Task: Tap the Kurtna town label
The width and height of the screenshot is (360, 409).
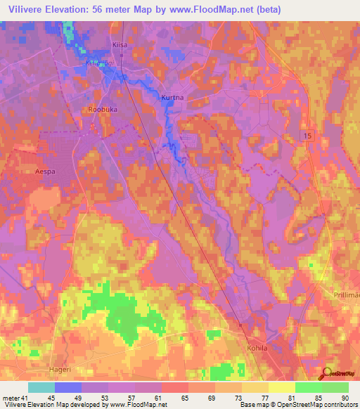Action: (173, 98)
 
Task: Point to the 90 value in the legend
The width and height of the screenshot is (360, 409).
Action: (344, 398)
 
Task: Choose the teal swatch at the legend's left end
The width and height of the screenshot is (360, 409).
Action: (41, 387)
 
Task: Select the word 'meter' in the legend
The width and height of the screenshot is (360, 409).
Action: (11, 398)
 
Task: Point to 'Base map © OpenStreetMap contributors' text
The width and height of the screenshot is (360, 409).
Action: (298, 405)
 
